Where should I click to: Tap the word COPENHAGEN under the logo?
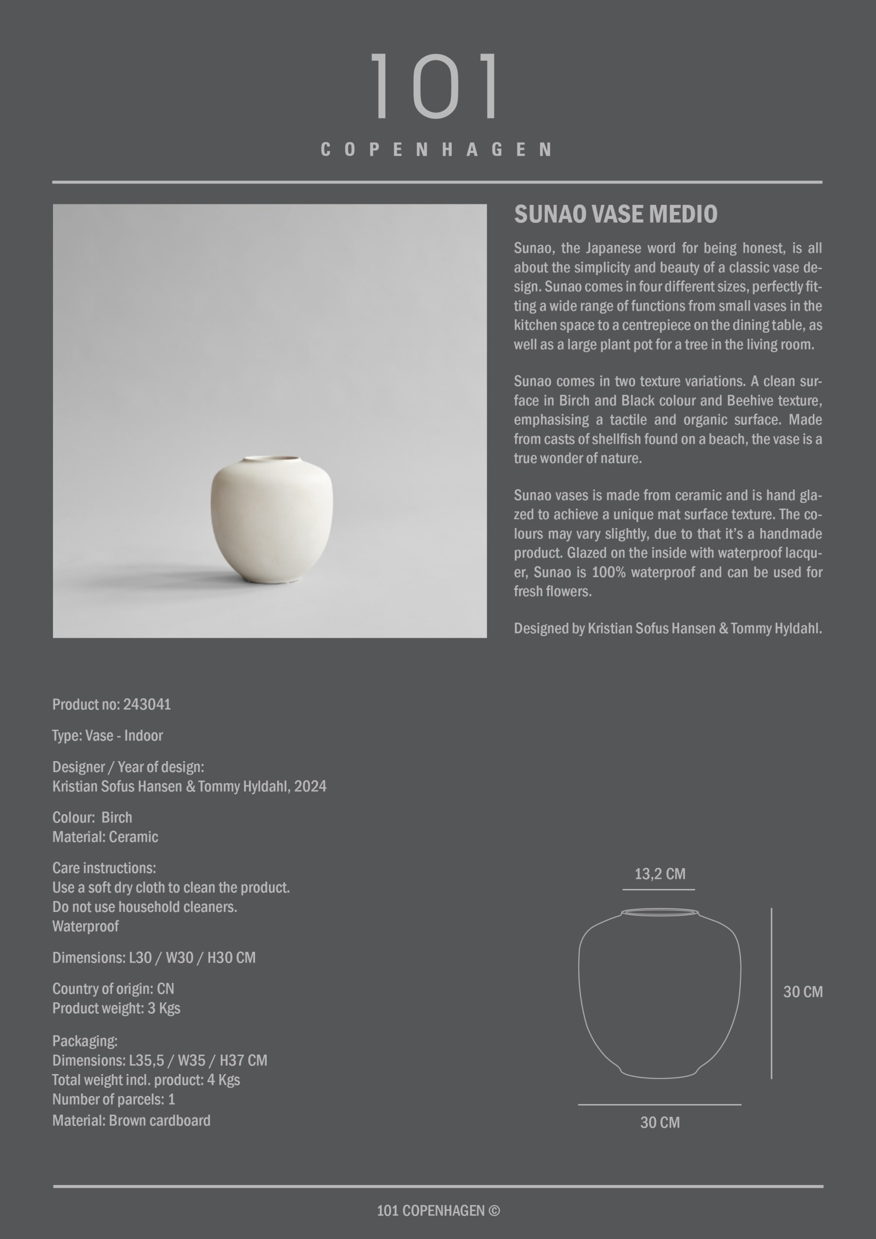pos(436,149)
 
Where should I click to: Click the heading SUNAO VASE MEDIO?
pos(615,214)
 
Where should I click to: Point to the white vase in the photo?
pos(272,521)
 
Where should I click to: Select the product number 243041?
pos(147,704)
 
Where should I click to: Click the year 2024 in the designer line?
pos(310,786)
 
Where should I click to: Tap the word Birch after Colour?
pos(117,818)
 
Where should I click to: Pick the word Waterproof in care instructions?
pos(85,927)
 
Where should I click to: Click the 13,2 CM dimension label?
pos(659,874)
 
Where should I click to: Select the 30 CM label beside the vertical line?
pos(803,992)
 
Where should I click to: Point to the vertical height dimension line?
pos(771,993)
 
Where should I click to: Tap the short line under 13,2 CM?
pos(658,889)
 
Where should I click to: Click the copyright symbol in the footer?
pos(494,1210)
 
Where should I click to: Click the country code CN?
pos(165,988)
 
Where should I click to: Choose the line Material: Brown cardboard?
pos(131,1120)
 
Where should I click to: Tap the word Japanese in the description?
pos(614,248)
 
